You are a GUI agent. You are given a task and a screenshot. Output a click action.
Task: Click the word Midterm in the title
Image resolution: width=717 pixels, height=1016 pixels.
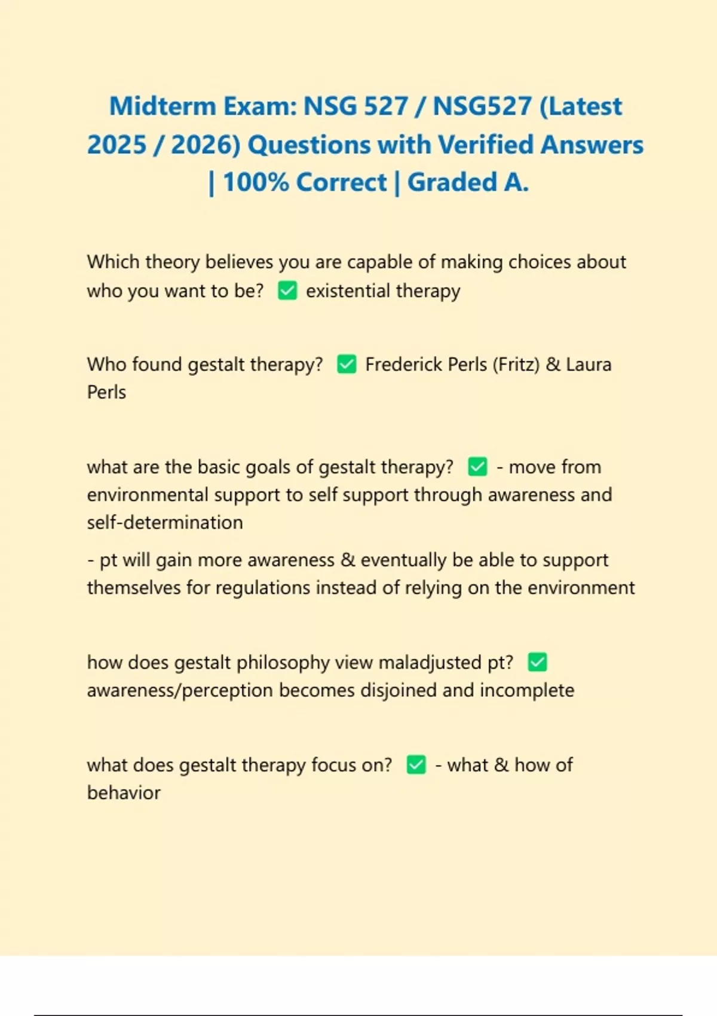(162, 107)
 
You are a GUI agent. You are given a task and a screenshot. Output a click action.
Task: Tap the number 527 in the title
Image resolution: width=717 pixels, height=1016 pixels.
(386, 107)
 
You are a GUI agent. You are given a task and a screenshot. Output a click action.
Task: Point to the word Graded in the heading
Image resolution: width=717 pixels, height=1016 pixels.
(452, 183)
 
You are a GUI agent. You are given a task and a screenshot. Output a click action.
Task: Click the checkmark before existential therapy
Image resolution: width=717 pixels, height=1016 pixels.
(287, 291)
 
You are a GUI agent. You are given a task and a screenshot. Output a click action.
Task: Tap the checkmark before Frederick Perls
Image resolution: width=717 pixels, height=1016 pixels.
(347, 364)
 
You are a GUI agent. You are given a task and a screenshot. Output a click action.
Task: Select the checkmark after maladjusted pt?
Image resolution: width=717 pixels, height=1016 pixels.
(538, 662)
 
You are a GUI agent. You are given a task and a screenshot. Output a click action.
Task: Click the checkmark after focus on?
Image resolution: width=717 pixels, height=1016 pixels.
(416, 764)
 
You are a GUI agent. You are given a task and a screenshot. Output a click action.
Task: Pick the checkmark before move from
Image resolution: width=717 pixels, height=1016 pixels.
(477, 467)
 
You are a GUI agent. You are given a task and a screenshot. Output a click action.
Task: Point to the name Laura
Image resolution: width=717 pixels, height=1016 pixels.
(589, 365)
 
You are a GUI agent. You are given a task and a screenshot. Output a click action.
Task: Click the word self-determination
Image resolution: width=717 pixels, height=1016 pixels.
(165, 523)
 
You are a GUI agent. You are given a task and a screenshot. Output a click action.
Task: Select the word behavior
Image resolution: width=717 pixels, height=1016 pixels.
(124, 793)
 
